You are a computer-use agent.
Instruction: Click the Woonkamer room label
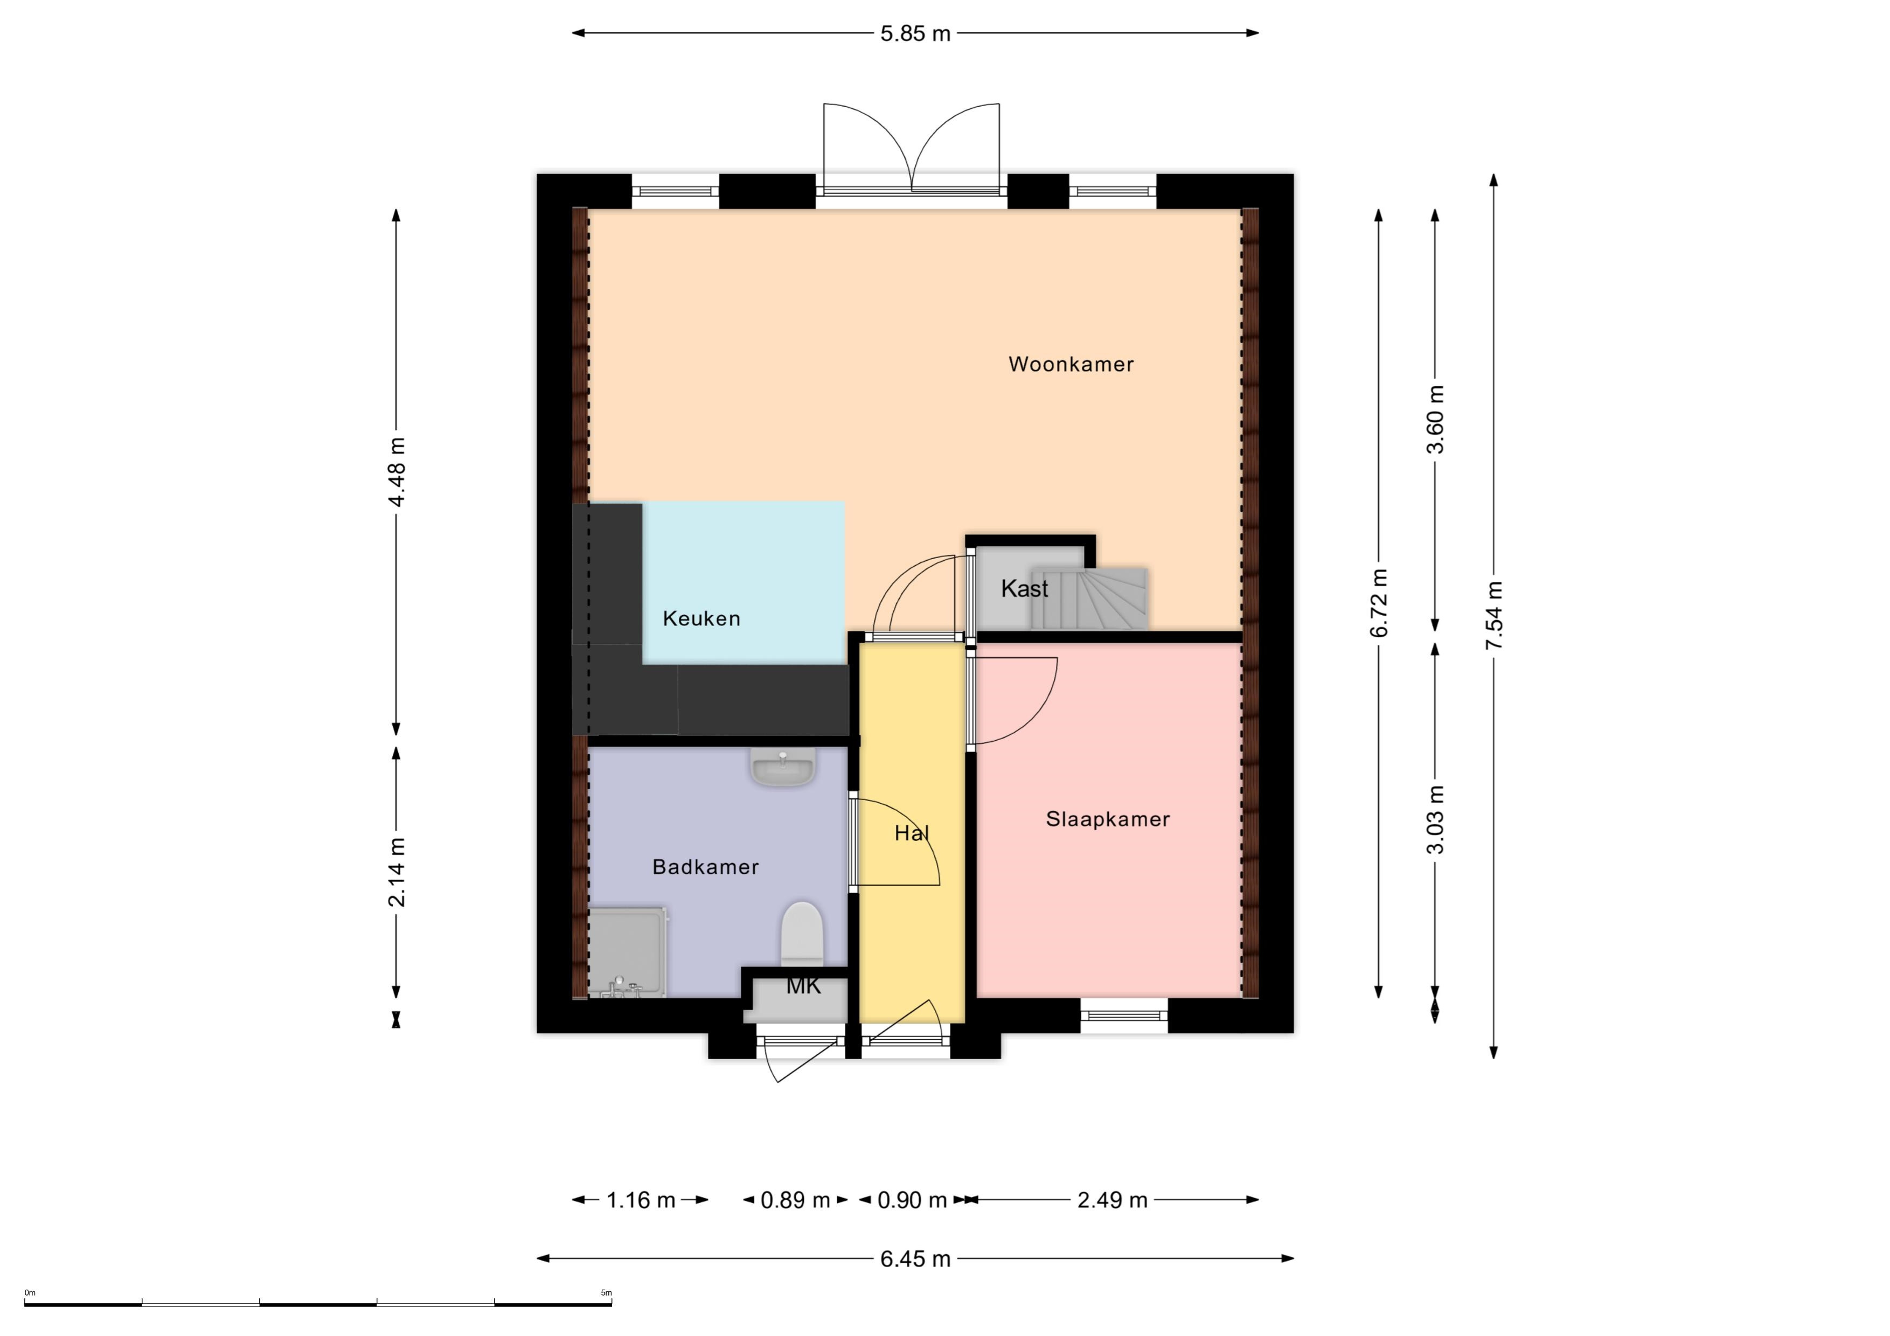tap(1071, 364)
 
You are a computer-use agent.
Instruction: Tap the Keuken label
tap(701, 618)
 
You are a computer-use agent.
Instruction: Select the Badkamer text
tap(705, 867)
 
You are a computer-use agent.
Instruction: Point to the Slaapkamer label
tap(1108, 819)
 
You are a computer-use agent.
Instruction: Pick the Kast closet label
tap(1024, 589)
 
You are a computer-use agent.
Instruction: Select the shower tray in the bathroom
tap(627, 952)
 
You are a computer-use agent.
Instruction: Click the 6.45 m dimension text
tap(915, 1258)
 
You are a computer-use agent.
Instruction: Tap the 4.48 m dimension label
tap(397, 472)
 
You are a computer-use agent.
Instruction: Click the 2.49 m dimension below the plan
tap(1112, 1200)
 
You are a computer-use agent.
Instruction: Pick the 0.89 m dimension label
tap(795, 1200)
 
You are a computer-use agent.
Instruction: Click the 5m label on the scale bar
tap(606, 1292)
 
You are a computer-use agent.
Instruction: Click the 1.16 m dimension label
tap(641, 1200)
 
